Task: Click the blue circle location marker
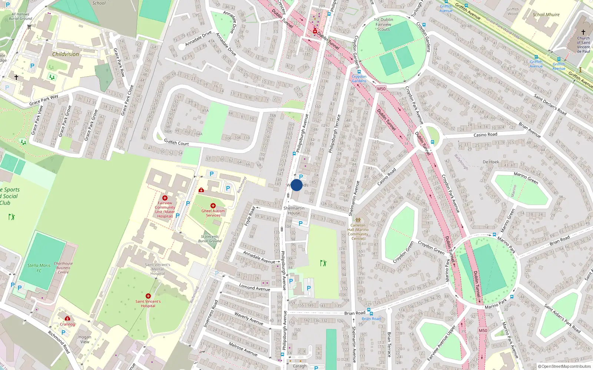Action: point(296,185)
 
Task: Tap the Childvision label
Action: point(66,54)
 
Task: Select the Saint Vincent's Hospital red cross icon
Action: point(148,296)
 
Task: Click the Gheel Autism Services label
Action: point(213,213)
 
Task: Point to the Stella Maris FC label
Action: point(39,268)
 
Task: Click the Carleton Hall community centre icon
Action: point(358,220)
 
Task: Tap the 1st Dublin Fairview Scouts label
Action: point(384,24)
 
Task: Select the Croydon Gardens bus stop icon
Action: point(359,72)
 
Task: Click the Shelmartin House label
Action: point(294,211)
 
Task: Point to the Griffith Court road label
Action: point(176,142)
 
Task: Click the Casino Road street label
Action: point(485,135)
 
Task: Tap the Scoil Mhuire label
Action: point(546,15)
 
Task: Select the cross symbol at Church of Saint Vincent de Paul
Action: point(583,32)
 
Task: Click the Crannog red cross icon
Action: point(67,318)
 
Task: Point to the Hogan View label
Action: point(85,339)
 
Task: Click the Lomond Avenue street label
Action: point(255,287)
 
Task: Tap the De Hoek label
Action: point(491,162)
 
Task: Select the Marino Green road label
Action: point(526,178)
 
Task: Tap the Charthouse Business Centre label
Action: point(63,268)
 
